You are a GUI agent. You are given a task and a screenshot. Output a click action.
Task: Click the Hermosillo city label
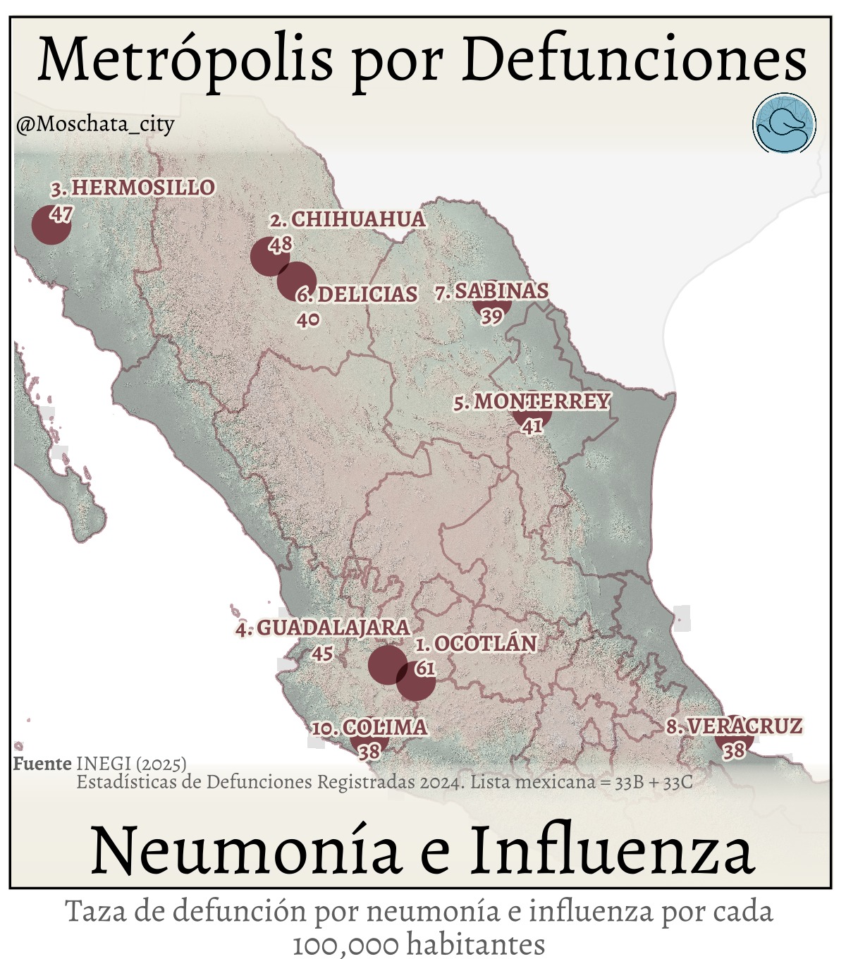pos(133,188)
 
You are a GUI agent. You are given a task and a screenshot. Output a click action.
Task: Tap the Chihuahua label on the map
pos(349,219)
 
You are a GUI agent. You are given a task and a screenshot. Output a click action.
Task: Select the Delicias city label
pos(357,294)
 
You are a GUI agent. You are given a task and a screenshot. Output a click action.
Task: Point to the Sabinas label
pos(491,291)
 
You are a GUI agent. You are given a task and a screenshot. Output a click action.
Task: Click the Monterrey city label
pos(532,402)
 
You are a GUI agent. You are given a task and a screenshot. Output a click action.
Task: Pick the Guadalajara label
pos(323,628)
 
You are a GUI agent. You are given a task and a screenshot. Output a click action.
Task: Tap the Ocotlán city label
pos(476,644)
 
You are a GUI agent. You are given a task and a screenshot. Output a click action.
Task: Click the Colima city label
pos(370,728)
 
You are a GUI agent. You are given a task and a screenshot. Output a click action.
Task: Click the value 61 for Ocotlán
pos(425,668)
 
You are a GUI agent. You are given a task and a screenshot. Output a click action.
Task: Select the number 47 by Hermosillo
pos(61,214)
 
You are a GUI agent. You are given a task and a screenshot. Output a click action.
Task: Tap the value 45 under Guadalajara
pos(322,654)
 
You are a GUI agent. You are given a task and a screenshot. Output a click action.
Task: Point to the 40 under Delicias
pos(308,319)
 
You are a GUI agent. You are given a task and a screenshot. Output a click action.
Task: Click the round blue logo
pos(784,124)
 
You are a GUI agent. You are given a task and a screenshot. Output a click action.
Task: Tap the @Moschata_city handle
pos(94,125)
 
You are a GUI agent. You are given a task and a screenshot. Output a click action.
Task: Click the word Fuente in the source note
pos(42,764)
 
